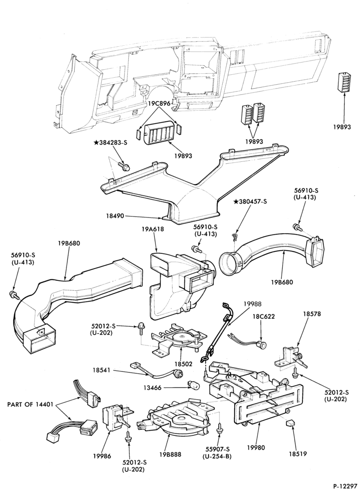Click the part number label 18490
tap(116, 216)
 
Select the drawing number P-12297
tap(345, 486)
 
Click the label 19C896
tap(159, 103)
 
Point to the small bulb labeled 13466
tap(190, 384)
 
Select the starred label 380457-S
tap(250, 202)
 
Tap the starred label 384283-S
tap(110, 143)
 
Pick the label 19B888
tap(170, 454)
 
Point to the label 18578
tap(312, 314)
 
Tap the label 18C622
tap(265, 316)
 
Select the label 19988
tap(252, 304)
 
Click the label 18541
tap(101, 370)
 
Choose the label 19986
tap(102, 456)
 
